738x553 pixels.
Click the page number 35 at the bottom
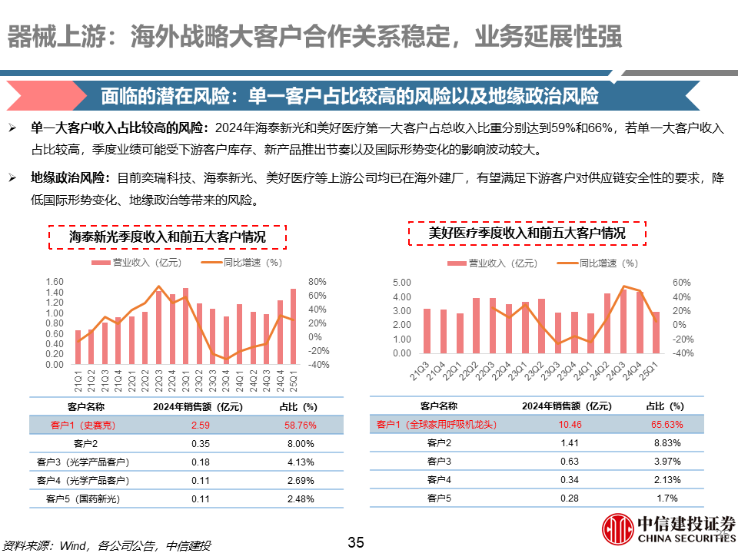tap(355, 542)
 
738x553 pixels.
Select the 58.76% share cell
tap(294, 425)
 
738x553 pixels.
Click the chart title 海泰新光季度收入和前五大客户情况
tap(168, 237)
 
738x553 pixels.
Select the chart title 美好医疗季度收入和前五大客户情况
tap(527, 233)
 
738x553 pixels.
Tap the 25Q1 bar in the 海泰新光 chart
tap(293, 326)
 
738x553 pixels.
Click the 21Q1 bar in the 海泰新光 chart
tap(78, 347)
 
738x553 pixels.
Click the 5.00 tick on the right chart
tap(402, 283)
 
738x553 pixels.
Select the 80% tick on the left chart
tap(317, 282)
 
